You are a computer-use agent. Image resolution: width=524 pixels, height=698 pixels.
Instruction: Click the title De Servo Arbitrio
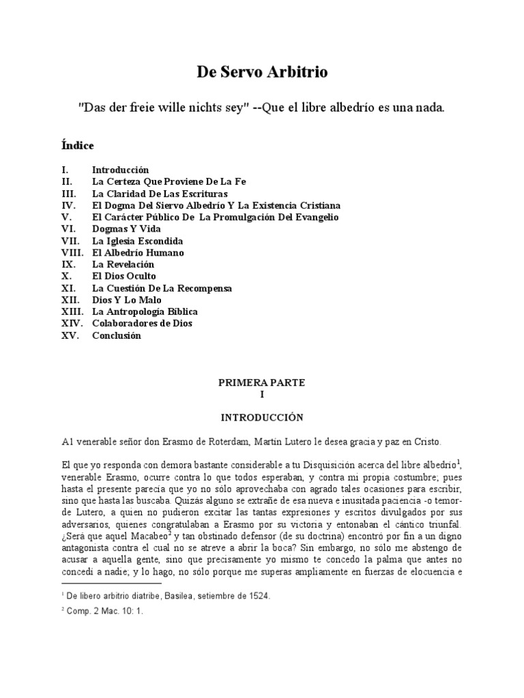262,73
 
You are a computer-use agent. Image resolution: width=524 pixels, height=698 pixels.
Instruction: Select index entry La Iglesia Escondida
137,241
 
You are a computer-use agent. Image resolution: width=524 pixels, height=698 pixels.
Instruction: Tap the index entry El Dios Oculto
124,276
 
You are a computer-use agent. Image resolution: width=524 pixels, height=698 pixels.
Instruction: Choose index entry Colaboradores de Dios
142,323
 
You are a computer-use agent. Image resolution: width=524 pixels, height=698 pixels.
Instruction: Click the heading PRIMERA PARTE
261,383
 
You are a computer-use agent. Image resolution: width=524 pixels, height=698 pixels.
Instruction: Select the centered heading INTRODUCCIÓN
261,416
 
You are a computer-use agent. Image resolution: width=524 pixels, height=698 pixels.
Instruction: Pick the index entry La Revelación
123,264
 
